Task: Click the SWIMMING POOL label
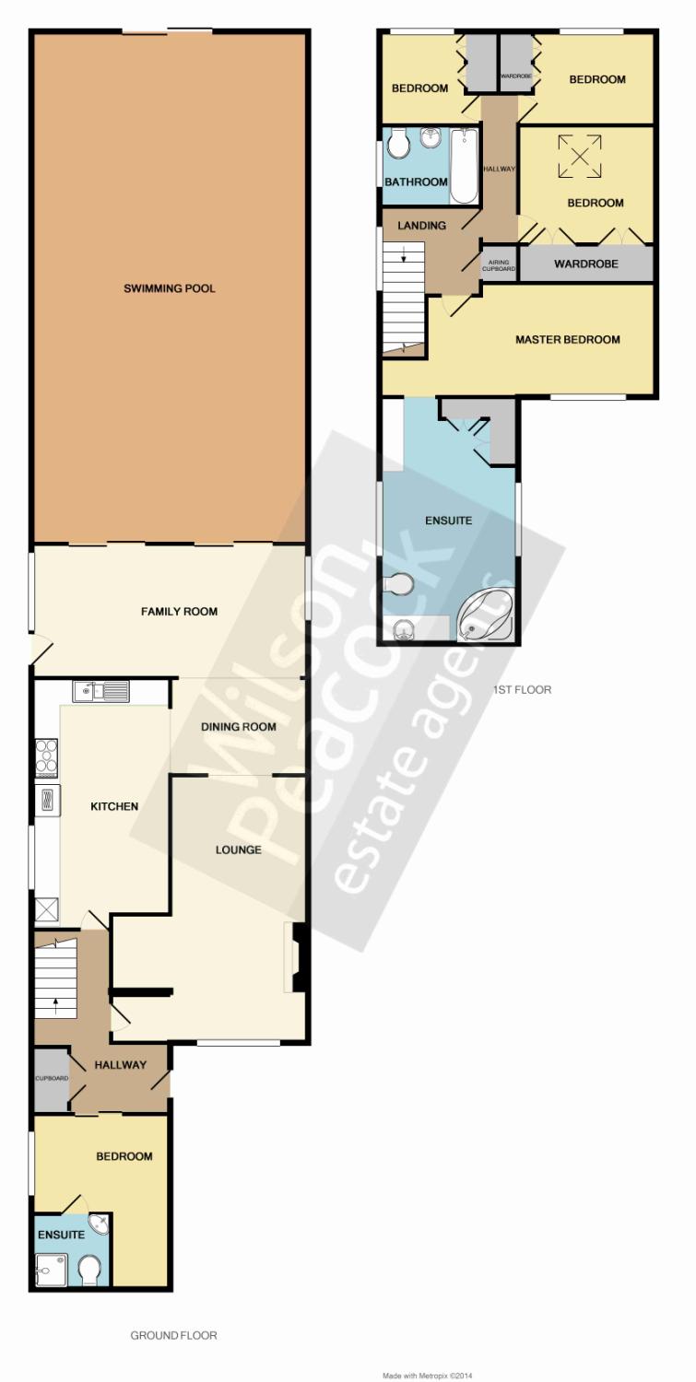pyautogui.click(x=170, y=288)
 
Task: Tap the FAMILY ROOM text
pyautogui.click(x=179, y=612)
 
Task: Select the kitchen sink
pyautogui.click(x=100, y=691)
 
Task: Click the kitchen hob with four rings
pyautogui.click(x=46, y=756)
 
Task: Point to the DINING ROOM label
pyautogui.click(x=239, y=727)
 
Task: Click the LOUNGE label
pyautogui.click(x=239, y=849)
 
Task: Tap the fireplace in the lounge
pyautogui.click(x=295, y=956)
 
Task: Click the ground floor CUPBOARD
pyautogui.click(x=52, y=1078)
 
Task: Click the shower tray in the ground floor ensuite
pyautogui.click(x=51, y=1269)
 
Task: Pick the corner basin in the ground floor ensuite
pyautogui.click(x=100, y=1224)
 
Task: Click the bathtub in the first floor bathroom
pyautogui.click(x=464, y=167)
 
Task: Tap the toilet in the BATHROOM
pyautogui.click(x=399, y=143)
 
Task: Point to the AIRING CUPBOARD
pyautogui.click(x=499, y=265)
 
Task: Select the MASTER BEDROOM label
pyautogui.click(x=568, y=339)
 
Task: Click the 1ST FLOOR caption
pyautogui.click(x=522, y=690)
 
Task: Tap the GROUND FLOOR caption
pyautogui.click(x=173, y=1336)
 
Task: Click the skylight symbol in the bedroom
pyautogui.click(x=580, y=157)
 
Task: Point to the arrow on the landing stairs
pyautogui.click(x=403, y=253)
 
